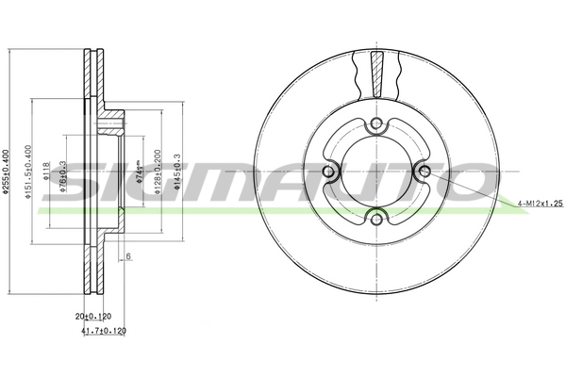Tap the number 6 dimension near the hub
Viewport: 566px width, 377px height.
128,256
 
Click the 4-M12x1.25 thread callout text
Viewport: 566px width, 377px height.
541,204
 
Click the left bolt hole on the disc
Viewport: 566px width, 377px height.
328,172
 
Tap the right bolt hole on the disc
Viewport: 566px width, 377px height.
424,172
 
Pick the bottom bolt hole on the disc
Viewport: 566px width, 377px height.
376,220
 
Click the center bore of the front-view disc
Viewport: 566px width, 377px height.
376,172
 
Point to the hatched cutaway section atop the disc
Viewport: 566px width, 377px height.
376,73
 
